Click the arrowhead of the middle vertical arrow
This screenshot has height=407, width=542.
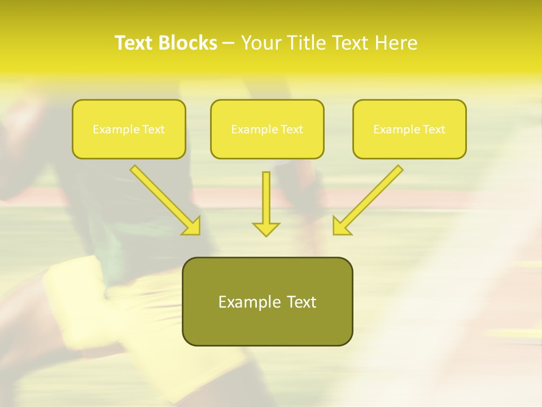tap(266, 229)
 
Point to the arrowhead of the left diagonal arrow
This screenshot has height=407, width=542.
tap(193, 226)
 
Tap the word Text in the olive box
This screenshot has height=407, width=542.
tap(301, 302)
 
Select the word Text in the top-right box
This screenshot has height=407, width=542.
tap(434, 129)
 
